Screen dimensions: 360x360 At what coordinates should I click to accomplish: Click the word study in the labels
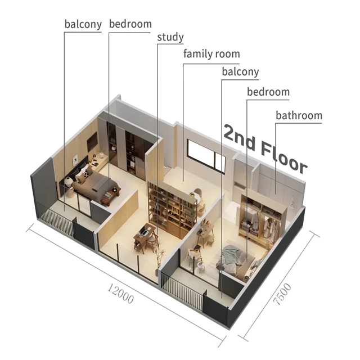(x=170, y=37)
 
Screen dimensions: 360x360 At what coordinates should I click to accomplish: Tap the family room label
(x=211, y=54)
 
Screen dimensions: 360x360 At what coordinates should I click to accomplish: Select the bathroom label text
(x=299, y=115)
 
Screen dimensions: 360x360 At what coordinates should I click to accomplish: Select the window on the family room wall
(x=206, y=155)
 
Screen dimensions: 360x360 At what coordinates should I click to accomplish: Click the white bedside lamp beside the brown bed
(x=69, y=181)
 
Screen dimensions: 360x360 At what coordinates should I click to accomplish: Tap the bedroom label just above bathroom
(x=268, y=91)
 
